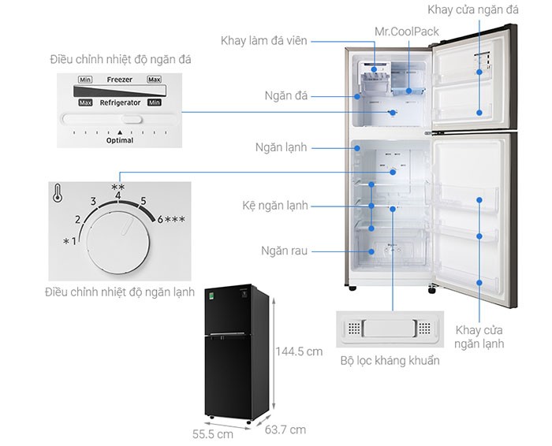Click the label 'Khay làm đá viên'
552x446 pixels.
(263, 40)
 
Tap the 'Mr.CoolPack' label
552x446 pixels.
(406, 32)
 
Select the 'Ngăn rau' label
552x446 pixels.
(285, 251)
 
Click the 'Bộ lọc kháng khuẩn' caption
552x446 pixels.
(390, 361)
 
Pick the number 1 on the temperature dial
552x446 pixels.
(74, 240)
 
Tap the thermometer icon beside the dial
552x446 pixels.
(58, 193)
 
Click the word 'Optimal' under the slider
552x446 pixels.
(120, 140)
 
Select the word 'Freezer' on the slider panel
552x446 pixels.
(120, 80)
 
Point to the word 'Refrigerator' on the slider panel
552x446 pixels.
(120, 102)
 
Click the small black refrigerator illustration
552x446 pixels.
(237, 355)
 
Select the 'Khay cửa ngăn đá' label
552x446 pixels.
(483, 9)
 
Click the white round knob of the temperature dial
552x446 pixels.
(117, 245)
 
